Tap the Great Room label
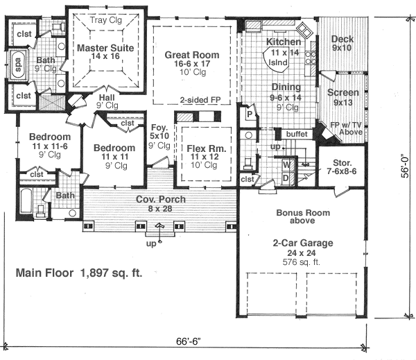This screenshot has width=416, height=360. pyautogui.click(x=191, y=60)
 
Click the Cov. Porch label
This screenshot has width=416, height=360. pyautogui.click(x=158, y=200)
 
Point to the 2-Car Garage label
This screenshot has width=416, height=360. pyautogui.click(x=302, y=243)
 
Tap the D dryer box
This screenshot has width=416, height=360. pyautogui.click(x=285, y=178)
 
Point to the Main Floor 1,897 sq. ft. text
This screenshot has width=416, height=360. pyautogui.click(x=79, y=273)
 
